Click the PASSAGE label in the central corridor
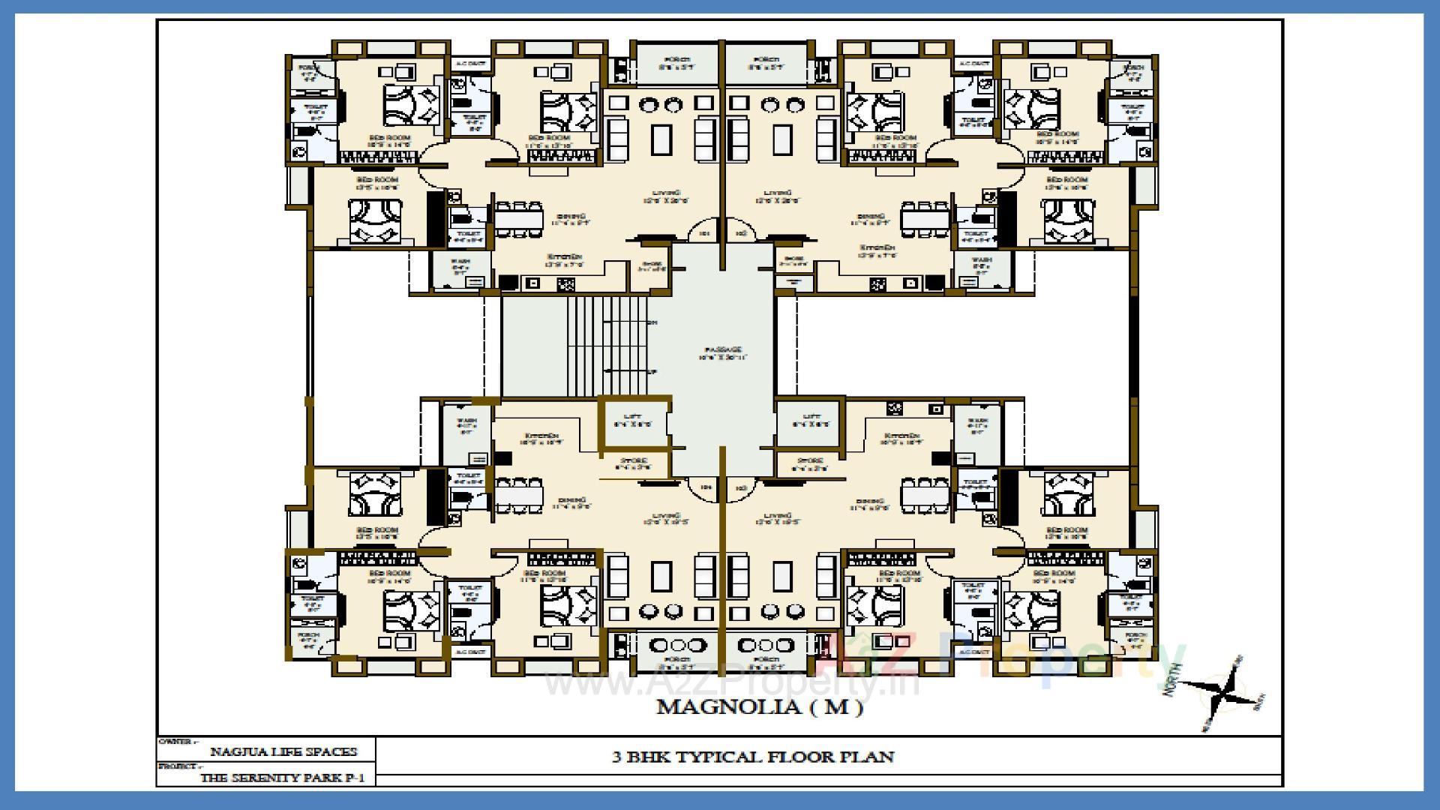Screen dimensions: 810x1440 [723, 350]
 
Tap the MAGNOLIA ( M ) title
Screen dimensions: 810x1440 [759, 706]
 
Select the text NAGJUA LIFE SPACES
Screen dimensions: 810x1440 [283, 751]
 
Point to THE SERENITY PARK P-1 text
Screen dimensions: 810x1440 [283, 778]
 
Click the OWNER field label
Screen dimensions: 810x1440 [175, 741]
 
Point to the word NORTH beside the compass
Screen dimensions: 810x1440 [1174, 679]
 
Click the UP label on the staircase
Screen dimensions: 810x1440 [652, 372]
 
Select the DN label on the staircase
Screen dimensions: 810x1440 [652, 322]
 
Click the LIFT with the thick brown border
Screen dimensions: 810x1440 [633, 421]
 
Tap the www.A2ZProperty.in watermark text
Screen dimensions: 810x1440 [731, 683]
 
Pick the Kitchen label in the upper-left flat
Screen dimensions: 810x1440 [562, 257]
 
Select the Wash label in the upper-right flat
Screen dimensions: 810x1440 [980, 260]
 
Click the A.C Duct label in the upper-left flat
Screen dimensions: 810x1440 [470, 64]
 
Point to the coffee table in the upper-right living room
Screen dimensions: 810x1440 [781, 139]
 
